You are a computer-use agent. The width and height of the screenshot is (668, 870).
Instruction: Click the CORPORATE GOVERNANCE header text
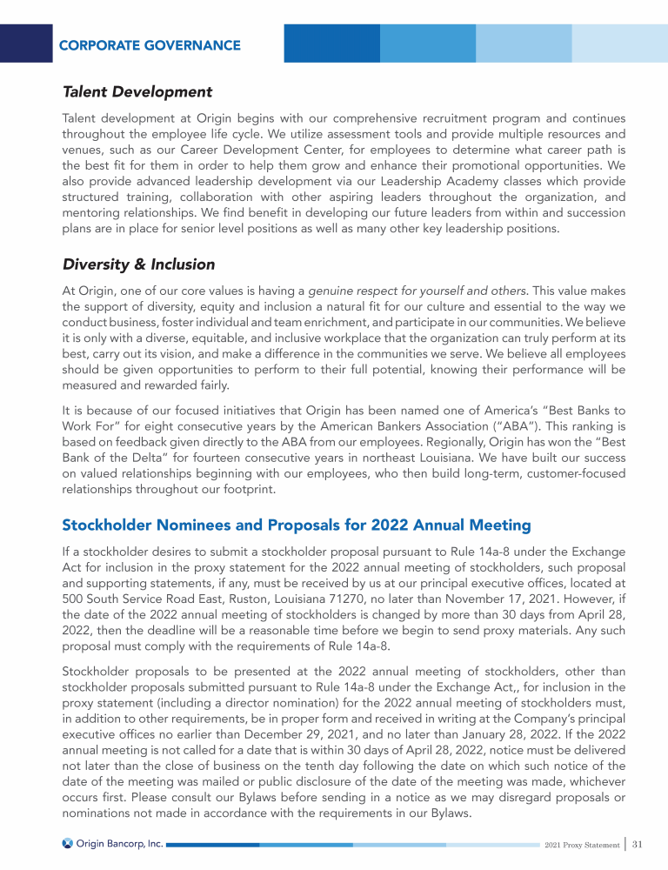(x=150, y=45)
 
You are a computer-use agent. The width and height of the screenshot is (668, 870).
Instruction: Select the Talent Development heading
(x=137, y=91)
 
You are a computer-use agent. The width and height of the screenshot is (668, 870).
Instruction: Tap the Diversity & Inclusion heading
(x=138, y=264)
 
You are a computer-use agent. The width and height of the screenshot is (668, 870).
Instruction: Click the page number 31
(x=638, y=844)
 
